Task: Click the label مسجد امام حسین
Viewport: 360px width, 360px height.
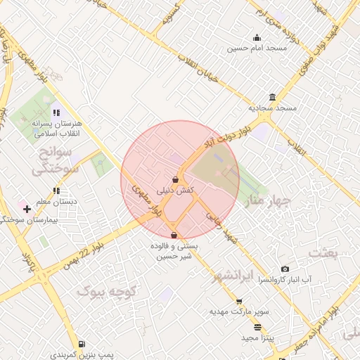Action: point(247,49)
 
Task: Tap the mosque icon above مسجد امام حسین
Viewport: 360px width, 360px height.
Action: point(257,38)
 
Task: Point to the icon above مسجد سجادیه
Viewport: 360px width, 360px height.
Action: point(272,98)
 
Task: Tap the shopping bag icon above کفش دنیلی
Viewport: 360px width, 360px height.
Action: point(174,180)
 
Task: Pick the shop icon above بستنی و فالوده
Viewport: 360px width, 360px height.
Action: point(174,235)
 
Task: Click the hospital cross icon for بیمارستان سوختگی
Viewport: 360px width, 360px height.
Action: point(27,209)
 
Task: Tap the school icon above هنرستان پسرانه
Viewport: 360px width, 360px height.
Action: point(56,112)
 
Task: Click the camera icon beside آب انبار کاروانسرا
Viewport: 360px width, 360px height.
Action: point(284,269)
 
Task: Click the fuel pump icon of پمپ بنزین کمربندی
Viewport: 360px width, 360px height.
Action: point(82,345)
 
